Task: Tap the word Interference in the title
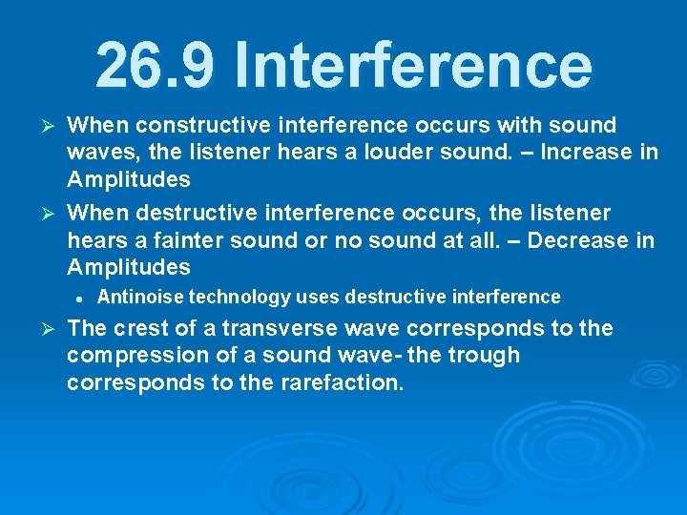[412, 66]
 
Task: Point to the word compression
[134, 356]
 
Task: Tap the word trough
[488, 356]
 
